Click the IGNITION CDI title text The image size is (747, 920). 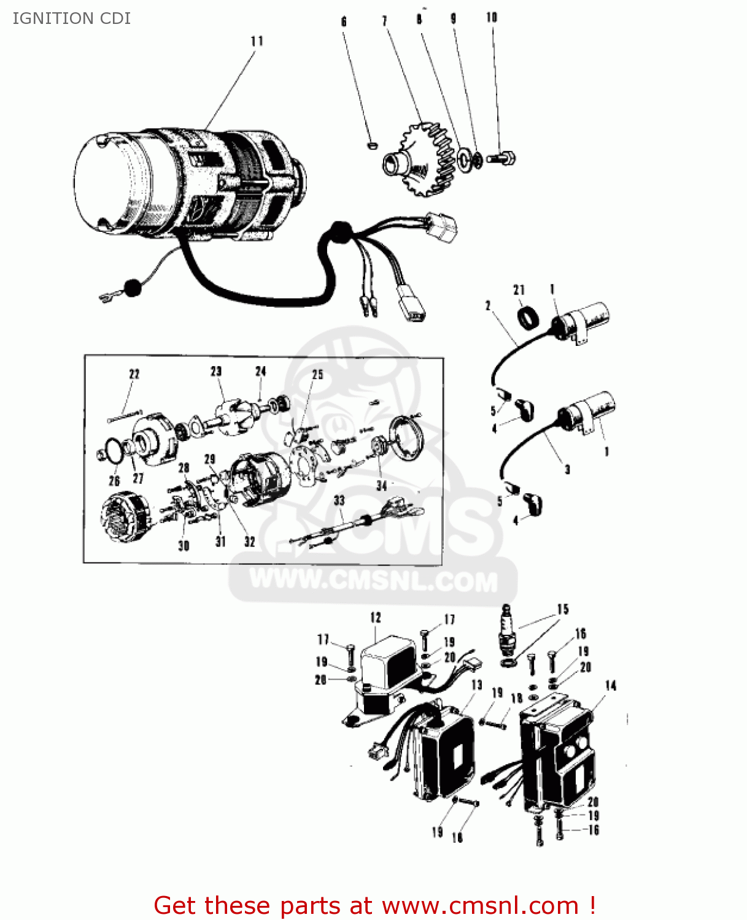71,18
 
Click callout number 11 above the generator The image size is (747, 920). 257,41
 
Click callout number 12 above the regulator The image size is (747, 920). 376,618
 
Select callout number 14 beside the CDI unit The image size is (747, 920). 610,686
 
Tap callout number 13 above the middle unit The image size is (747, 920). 476,685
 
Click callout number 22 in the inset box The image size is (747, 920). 134,374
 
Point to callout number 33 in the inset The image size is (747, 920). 339,500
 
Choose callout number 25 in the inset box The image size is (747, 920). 317,374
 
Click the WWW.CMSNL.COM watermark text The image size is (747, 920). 374,580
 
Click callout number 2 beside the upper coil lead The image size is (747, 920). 488,305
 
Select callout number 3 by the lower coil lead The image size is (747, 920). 567,469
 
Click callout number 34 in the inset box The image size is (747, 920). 382,485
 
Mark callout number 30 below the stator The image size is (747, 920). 184,545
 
